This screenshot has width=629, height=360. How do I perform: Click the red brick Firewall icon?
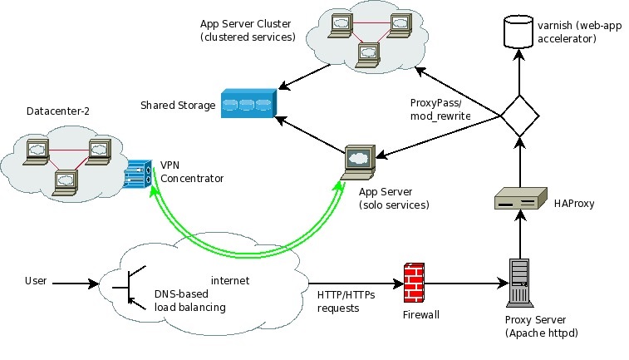coord(416,284)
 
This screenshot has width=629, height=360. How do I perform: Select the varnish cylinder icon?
coord(518,32)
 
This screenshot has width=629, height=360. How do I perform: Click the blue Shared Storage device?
coord(247,106)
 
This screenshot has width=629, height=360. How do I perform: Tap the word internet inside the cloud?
coord(231,280)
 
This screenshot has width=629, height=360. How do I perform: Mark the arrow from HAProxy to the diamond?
coord(519,161)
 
